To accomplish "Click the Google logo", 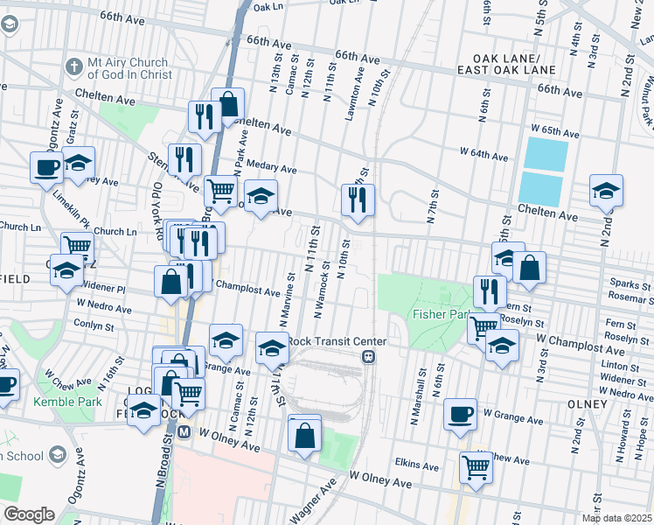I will (x=29, y=514).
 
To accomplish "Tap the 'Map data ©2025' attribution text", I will (x=616, y=518).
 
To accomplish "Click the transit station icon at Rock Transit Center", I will (x=370, y=357).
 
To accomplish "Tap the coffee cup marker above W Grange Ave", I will (x=460, y=415).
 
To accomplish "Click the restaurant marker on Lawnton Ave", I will (x=358, y=199).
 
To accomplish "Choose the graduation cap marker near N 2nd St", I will (x=605, y=192).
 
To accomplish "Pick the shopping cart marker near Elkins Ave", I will (x=476, y=466).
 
